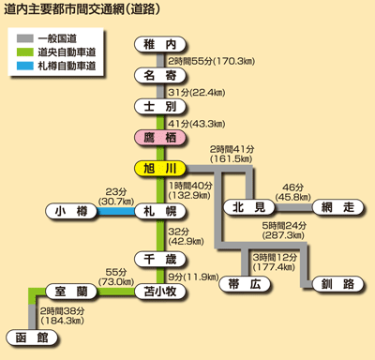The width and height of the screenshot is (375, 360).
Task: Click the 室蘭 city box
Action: point(71,292)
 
